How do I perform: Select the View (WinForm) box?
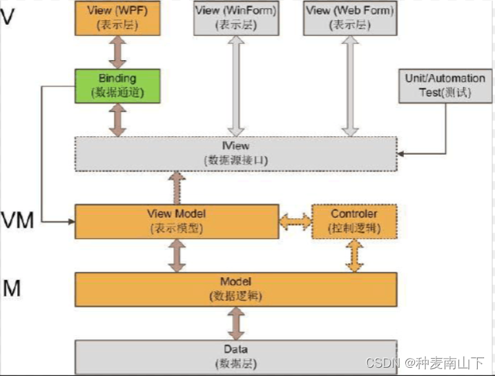[x=236, y=17]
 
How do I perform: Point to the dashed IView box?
[x=236, y=153]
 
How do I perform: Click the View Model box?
[x=176, y=221]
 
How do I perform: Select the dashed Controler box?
[x=354, y=221]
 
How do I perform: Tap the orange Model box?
[x=236, y=289]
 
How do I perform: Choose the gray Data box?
[x=236, y=356]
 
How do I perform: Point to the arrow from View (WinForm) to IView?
[x=236, y=84]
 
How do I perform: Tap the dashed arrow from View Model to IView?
[x=176, y=187]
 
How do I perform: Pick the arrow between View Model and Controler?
[x=295, y=221]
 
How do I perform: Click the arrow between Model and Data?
[x=236, y=323]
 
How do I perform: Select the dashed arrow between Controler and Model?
[x=354, y=255]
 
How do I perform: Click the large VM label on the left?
[x=18, y=220]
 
